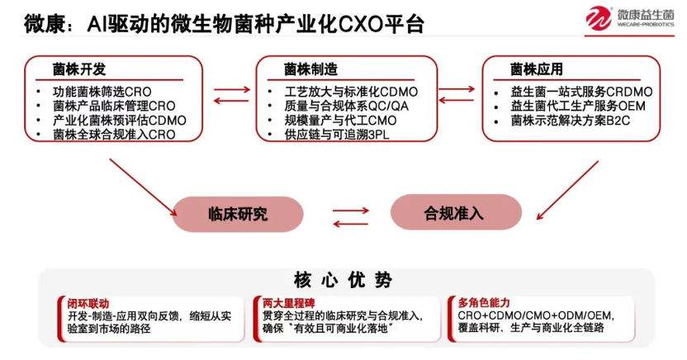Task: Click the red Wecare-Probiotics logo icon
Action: click(600, 19)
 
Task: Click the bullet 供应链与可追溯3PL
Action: click(329, 135)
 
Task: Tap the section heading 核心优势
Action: click(343, 280)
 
